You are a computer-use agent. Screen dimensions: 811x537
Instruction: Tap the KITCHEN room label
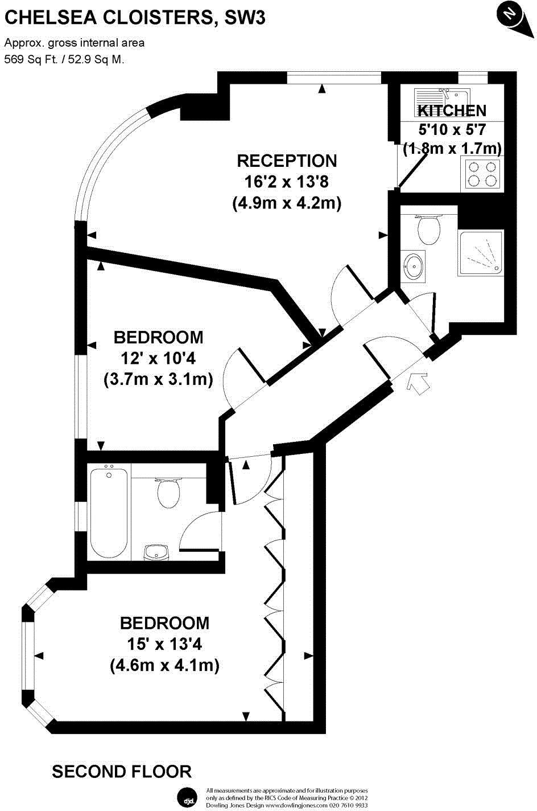tap(452, 110)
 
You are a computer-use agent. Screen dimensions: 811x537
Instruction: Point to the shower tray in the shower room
tap(481, 253)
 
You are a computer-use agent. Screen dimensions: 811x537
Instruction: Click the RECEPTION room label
tap(287, 161)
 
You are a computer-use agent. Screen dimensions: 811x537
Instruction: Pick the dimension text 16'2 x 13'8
tap(287, 182)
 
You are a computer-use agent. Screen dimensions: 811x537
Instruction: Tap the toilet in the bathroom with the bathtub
tap(168, 492)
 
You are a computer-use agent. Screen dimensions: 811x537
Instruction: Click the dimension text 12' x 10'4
tap(158, 358)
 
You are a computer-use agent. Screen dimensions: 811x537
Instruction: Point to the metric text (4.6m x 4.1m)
tap(164, 665)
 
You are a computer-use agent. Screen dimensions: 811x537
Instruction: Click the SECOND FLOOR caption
tap(122, 772)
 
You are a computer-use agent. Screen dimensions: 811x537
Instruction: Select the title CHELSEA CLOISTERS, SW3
tap(135, 19)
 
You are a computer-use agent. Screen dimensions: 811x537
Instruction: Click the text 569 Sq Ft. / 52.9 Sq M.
tap(64, 59)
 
